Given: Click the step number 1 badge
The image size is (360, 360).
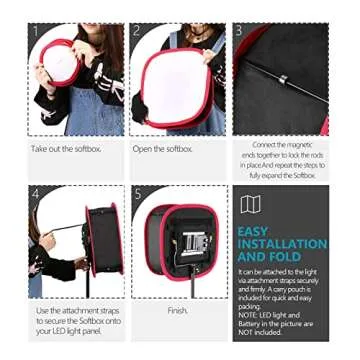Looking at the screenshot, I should (35, 31).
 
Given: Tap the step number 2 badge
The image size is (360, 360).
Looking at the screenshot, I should (136, 31).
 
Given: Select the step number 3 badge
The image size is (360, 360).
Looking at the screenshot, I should (239, 31).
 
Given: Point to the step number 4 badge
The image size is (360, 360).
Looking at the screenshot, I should (35, 193).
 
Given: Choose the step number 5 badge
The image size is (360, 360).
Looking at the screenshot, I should (137, 193).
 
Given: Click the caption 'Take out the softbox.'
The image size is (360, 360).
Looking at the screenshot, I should (66, 149).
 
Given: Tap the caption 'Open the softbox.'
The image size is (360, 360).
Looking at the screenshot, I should (162, 149).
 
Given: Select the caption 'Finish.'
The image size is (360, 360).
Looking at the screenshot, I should (177, 311).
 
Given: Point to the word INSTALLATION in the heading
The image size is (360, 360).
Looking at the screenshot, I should (282, 244).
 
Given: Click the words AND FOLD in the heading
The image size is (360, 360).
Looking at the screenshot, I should (269, 257).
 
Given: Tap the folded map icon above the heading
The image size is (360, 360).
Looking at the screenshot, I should (250, 204).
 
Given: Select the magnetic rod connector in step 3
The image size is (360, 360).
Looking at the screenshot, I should (283, 79).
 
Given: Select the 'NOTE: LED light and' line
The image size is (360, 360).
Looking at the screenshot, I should (269, 316).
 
